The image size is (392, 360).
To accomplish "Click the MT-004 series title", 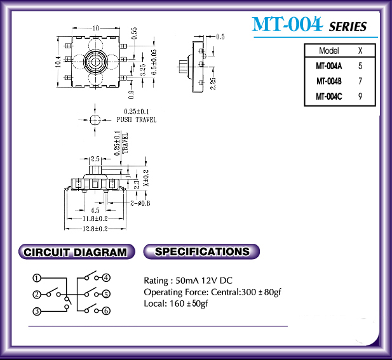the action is (x=309, y=24).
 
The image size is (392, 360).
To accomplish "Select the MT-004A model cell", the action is (x=328, y=66).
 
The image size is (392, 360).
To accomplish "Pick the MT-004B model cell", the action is (x=328, y=81).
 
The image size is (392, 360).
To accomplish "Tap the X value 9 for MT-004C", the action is (x=360, y=96).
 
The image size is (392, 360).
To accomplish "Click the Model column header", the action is (x=328, y=51).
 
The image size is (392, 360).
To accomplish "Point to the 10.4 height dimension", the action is (x=58, y=62).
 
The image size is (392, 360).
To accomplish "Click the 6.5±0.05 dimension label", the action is (x=154, y=62).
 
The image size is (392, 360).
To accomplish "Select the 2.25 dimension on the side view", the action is (x=213, y=83).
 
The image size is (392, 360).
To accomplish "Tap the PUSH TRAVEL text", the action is (x=137, y=119).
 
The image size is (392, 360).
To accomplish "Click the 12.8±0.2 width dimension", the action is (x=95, y=229).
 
